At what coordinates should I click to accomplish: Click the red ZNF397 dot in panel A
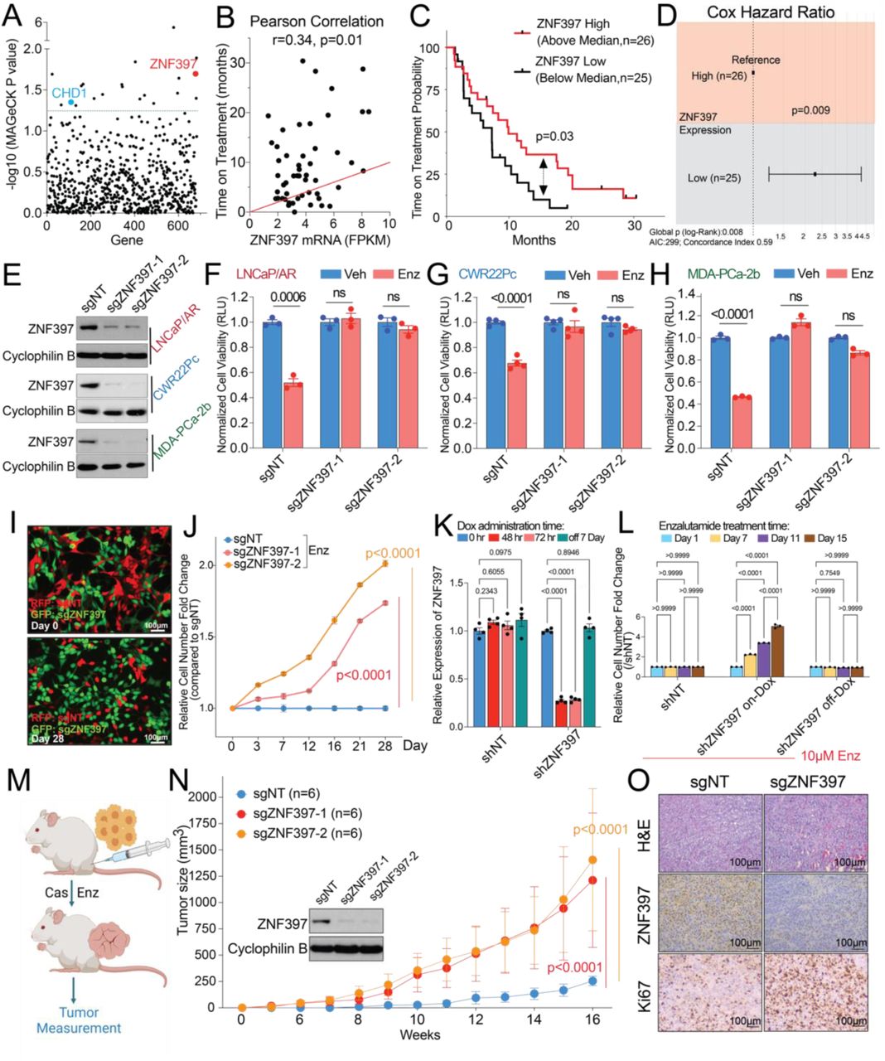pyautogui.click(x=196, y=73)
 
